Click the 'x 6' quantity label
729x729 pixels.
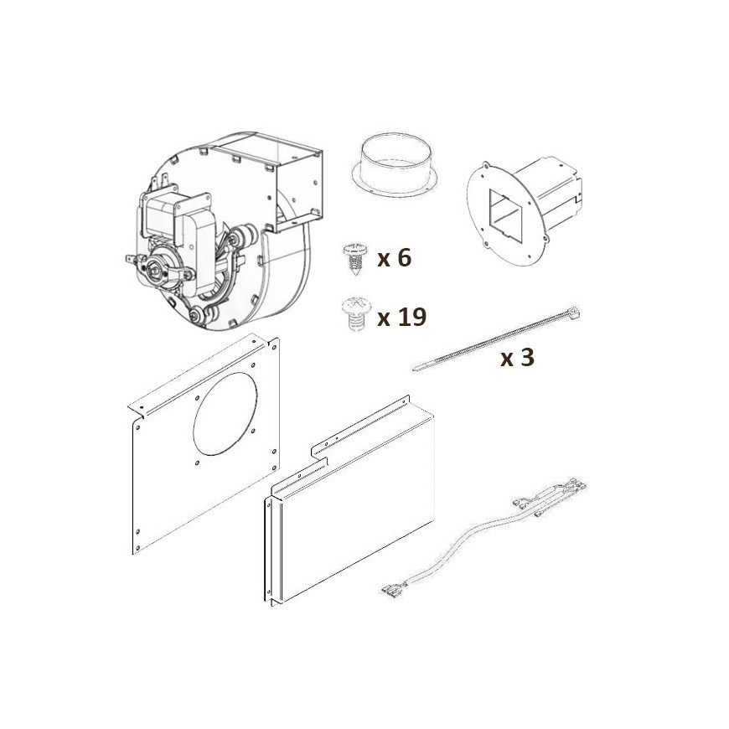(x=395, y=257)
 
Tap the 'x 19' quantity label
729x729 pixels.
(x=401, y=317)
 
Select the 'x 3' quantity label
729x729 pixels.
(x=517, y=358)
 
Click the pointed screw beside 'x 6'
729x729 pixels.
(x=355, y=258)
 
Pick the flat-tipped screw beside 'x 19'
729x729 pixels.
(x=355, y=314)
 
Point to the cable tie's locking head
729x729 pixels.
(x=571, y=313)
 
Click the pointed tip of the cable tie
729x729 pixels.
(x=415, y=370)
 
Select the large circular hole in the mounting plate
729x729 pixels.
(x=225, y=413)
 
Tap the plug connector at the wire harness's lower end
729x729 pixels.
(x=393, y=589)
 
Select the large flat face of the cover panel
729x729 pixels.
(x=358, y=511)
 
